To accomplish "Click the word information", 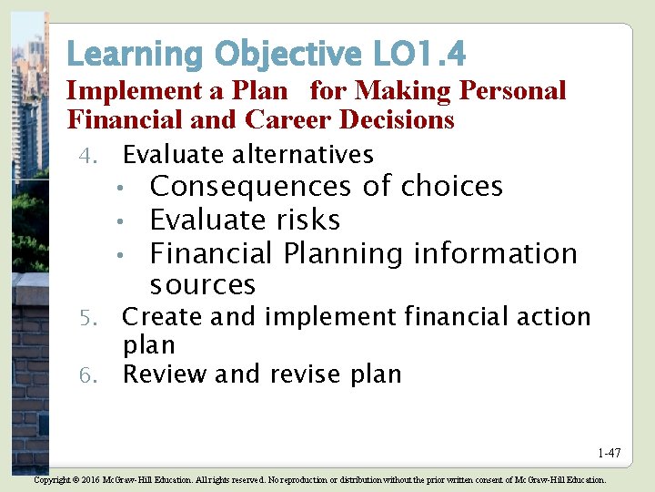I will click(495, 253).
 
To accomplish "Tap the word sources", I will click(203, 285).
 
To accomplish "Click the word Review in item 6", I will click(163, 374).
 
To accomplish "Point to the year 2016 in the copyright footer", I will click(88, 479).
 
